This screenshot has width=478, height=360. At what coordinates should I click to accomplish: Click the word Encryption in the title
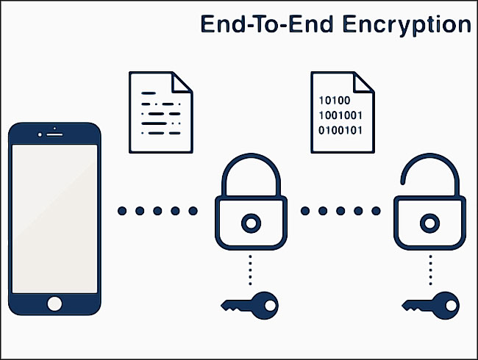(407, 25)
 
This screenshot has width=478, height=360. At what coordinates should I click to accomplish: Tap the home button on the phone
(54, 303)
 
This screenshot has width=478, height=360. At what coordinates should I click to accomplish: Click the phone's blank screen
(54, 219)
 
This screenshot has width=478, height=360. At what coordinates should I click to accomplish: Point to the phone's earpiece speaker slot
(54, 134)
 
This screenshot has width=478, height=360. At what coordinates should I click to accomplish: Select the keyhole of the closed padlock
(251, 223)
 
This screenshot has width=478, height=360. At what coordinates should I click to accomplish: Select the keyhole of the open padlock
(429, 223)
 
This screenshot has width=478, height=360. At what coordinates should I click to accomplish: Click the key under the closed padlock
(250, 306)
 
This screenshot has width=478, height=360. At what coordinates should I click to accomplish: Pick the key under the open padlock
(430, 306)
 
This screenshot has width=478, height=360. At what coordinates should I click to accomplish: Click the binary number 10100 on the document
(335, 100)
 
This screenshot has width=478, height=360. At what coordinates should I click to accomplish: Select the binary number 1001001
(340, 115)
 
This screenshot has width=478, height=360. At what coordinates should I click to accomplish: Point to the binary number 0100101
(340, 130)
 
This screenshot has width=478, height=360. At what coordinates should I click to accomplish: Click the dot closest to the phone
(122, 211)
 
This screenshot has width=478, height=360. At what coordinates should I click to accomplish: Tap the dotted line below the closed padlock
(250, 270)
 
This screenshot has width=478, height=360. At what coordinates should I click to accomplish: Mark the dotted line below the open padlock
(430, 270)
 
